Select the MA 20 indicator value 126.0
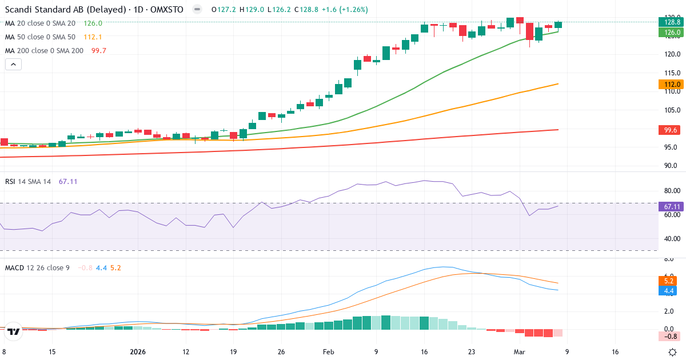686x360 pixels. pyautogui.click(x=93, y=23)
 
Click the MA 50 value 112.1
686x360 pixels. pyautogui.click(x=93, y=37)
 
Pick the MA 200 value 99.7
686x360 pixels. pyautogui.click(x=98, y=51)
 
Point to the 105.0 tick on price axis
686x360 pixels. pyautogui.click(x=671, y=110)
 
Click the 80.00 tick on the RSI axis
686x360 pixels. pyautogui.click(x=671, y=190)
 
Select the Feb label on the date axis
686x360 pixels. pyautogui.click(x=328, y=352)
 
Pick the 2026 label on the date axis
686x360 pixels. pyautogui.click(x=138, y=352)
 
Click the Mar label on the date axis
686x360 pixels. pyautogui.click(x=520, y=352)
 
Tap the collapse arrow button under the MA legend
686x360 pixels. pyautogui.click(x=13, y=65)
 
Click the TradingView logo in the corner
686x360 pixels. pyautogui.click(x=14, y=331)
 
